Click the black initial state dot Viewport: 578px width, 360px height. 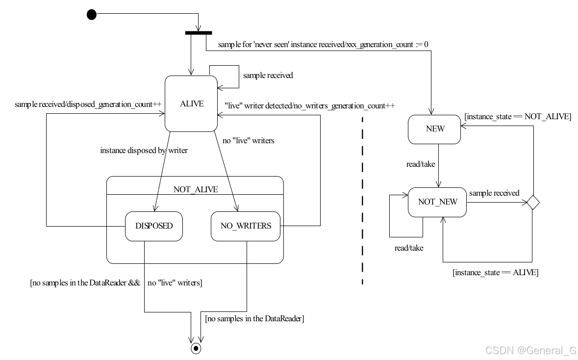click(92, 15)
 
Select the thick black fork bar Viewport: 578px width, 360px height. click(199, 33)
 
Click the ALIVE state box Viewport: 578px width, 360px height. click(192, 103)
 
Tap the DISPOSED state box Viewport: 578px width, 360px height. click(154, 226)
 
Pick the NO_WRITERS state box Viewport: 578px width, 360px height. click(246, 226)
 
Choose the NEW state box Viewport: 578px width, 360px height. click(434, 129)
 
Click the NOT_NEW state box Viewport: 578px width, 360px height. click(437, 202)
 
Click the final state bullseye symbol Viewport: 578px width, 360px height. click(196, 348)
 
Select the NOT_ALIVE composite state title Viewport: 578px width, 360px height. click(196, 189)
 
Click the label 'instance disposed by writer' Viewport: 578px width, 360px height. click(144, 151)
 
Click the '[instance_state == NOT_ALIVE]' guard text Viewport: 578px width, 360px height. click(517, 117)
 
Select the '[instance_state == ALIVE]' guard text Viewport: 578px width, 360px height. click(495, 272)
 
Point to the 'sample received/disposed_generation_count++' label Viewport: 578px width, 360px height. click(88, 104)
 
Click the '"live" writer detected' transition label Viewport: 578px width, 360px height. click(309, 105)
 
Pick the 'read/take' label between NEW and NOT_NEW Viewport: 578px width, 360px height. click(421, 164)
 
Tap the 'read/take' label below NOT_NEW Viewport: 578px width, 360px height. click(409, 248)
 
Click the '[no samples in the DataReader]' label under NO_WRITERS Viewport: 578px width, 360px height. click(254, 319)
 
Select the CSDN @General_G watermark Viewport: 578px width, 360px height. click(530, 350)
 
